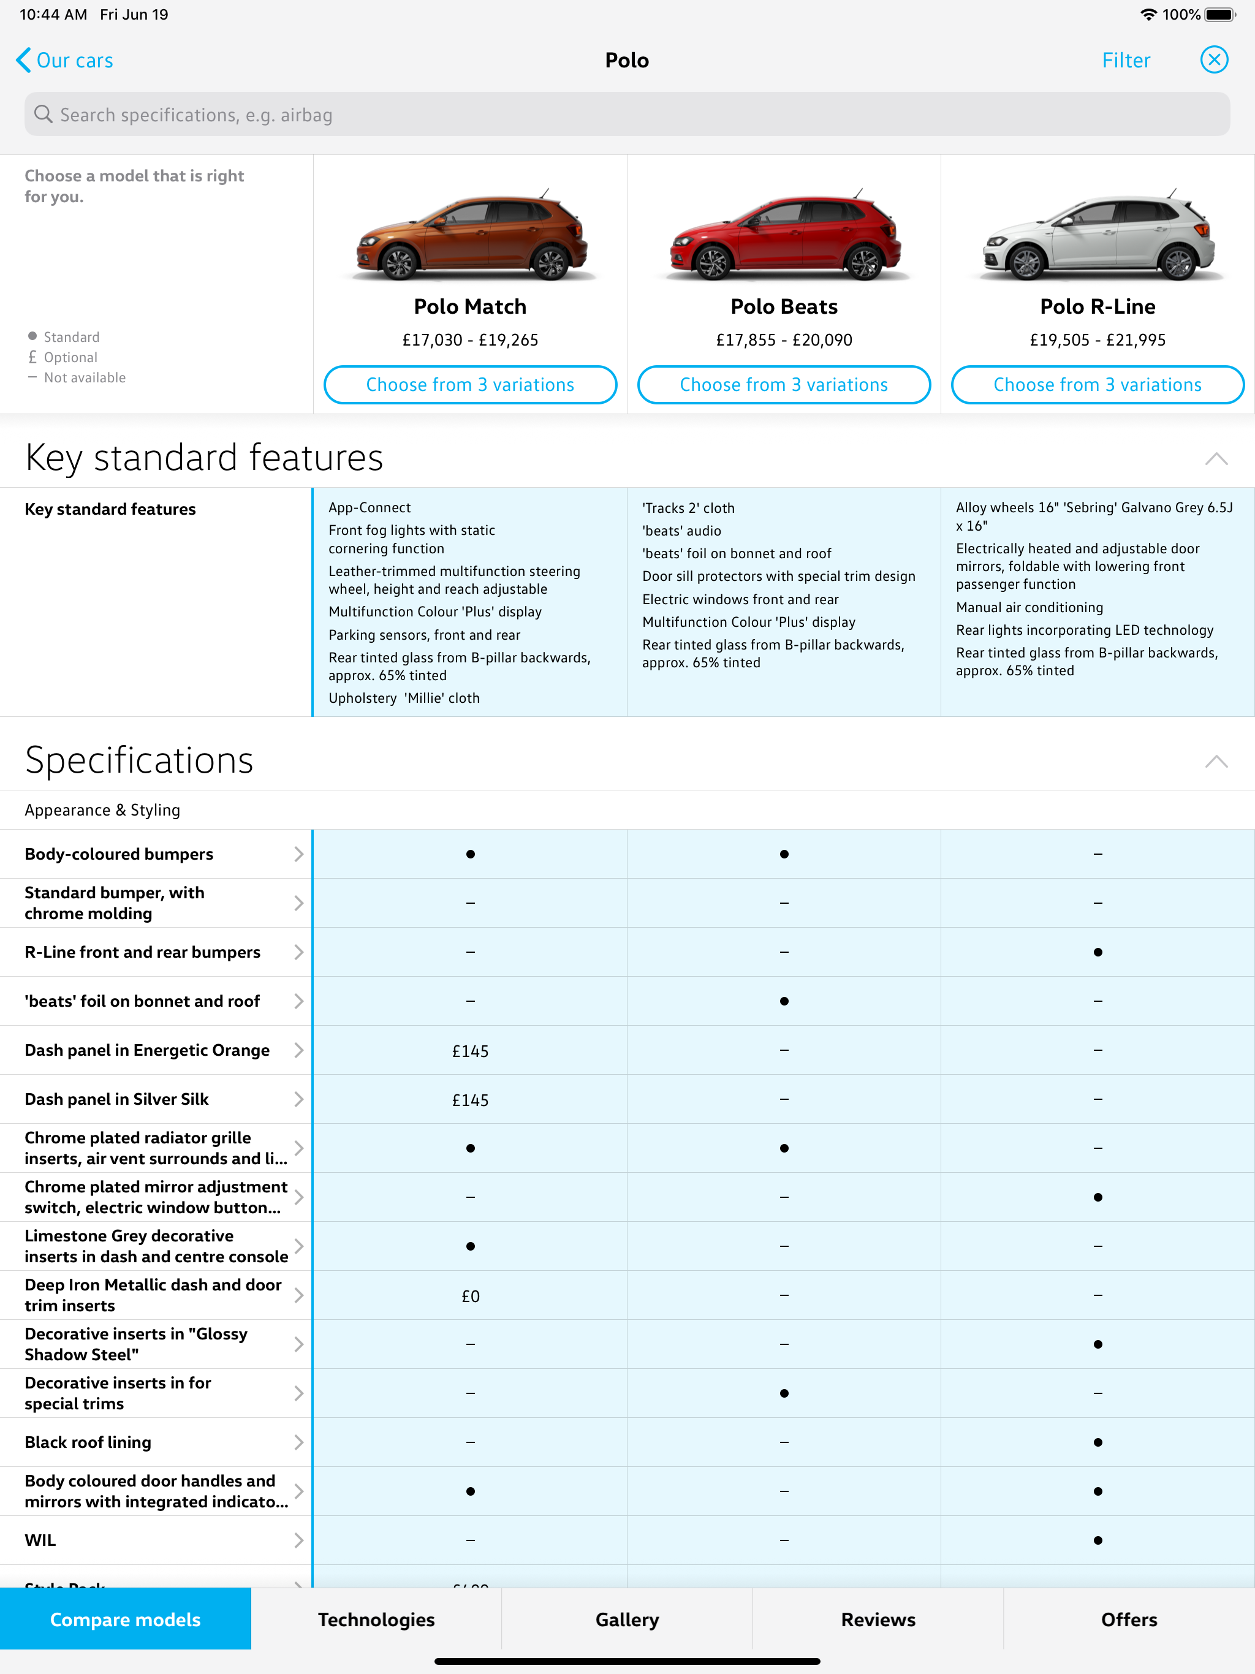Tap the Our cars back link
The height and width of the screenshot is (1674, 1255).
coord(65,61)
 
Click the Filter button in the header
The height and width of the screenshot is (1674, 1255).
coord(1126,61)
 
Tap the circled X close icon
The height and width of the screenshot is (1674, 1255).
coord(1213,60)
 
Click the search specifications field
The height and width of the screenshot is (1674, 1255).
coord(627,115)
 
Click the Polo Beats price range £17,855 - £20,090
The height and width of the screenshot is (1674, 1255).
coord(784,341)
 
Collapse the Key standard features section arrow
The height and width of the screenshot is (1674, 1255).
coord(1216,458)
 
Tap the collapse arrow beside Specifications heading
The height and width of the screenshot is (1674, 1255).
coord(1216,761)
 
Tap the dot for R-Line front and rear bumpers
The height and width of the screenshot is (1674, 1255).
coord(1098,952)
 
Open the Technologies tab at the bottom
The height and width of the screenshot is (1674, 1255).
coord(376,1619)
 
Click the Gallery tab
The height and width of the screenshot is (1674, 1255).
coord(627,1619)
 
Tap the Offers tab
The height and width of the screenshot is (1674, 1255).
coord(1129,1619)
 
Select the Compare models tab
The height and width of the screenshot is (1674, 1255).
coord(126,1619)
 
